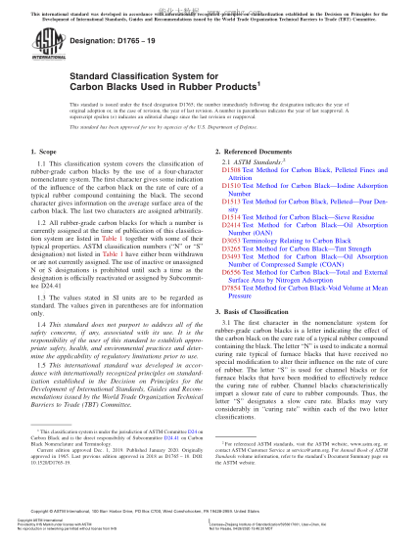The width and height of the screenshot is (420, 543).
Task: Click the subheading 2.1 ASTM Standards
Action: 257,162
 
